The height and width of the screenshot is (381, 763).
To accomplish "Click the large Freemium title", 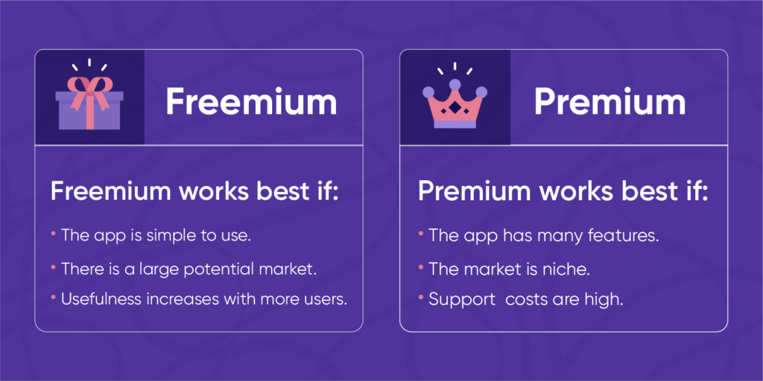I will coord(251,103).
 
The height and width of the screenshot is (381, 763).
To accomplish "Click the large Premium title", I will coord(610,103).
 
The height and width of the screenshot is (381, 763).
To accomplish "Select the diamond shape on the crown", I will coord(455,109).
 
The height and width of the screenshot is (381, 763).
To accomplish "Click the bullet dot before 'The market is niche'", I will coord(421,266).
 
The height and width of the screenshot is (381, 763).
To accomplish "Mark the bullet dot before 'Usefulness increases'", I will coord(54,297).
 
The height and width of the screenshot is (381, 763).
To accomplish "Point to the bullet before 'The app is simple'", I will coord(54,233).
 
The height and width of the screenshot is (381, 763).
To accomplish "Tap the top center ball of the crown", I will coord(455,84).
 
